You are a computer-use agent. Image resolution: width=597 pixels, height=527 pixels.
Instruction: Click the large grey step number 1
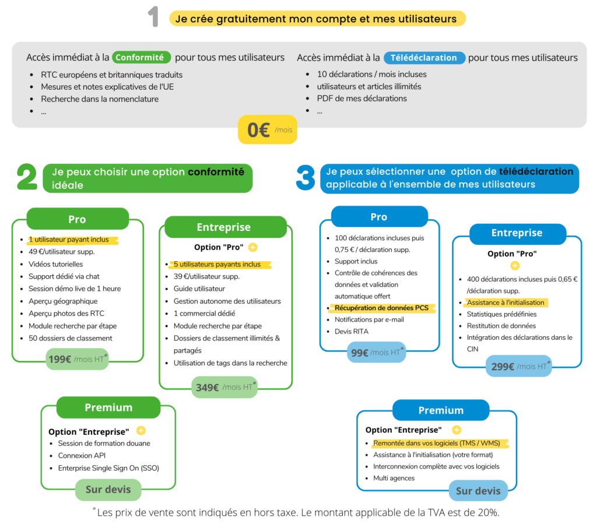point(154,17)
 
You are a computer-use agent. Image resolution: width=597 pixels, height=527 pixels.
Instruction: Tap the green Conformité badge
point(142,57)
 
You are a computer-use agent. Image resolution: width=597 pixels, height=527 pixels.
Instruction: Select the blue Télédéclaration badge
point(424,57)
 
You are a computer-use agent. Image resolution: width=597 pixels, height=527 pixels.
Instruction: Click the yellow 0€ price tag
point(267,129)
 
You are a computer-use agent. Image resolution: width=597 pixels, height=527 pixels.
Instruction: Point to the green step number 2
point(27,177)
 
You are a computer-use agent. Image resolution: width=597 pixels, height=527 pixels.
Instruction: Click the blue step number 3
point(305,178)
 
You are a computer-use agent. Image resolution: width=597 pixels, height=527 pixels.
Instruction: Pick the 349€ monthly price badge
point(224,387)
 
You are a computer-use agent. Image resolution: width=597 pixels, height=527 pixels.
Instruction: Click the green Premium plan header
point(108,407)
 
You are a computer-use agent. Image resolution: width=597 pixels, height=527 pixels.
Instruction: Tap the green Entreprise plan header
point(226,227)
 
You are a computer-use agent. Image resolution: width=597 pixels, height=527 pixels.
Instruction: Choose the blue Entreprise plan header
point(517,233)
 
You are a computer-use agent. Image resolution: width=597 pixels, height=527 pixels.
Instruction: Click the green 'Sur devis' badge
point(108,489)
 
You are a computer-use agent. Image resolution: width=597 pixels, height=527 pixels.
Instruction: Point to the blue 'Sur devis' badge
point(478,491)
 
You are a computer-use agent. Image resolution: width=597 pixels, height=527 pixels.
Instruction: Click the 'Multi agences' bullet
point(394,478)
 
